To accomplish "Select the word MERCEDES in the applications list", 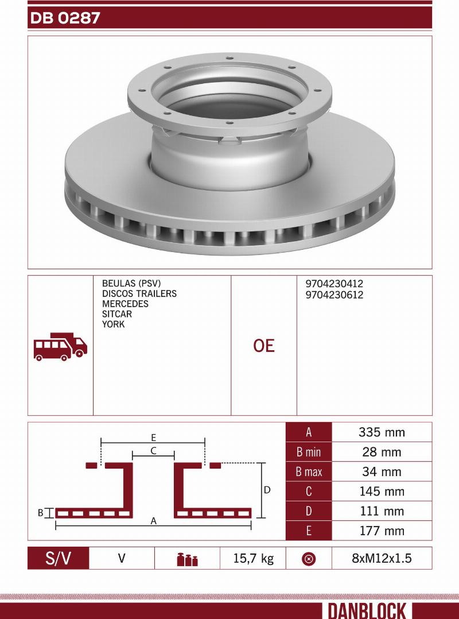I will (125, 304).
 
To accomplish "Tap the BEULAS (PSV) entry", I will (131, 284).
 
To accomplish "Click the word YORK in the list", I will (113, 324).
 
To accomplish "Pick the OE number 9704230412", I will (334, 284).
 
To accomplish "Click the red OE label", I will (264, 346).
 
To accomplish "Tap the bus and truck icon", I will (60, 346).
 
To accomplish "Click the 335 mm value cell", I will (382, 432).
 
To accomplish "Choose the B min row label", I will (309, 452).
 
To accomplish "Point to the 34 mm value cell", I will (382, 472).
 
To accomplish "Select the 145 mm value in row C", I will (382, 492).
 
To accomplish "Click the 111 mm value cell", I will (382, 511).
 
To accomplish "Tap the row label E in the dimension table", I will (309, 531).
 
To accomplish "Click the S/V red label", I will (59, 558).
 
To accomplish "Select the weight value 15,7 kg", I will (252, 558).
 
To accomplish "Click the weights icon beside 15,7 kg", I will (187, 559).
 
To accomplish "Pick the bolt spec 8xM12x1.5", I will (382, 558).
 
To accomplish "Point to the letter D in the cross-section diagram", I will (267, 490).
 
